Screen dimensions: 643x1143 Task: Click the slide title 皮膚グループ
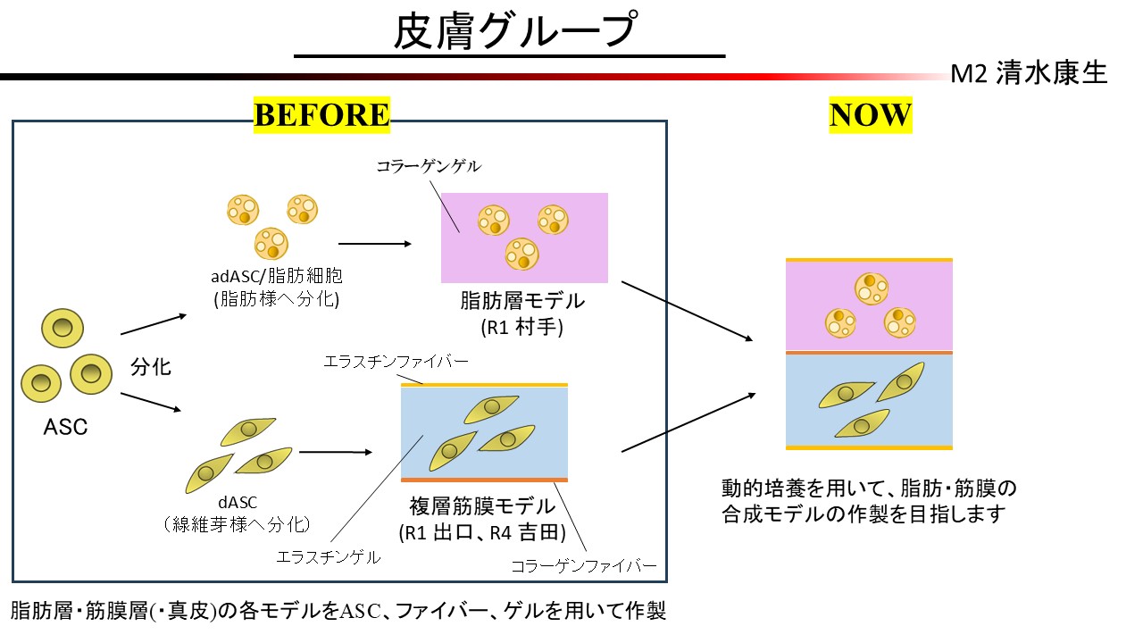pos(514,32)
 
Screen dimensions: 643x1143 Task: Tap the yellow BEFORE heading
pos(322,115)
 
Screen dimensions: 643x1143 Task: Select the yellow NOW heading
pos(870,115)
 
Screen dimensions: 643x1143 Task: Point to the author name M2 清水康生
pos(1029,74)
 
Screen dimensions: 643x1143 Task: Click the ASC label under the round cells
pos(66,427)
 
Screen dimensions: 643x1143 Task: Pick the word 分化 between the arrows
pos(150,367)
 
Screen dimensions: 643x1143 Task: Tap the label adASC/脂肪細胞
pos(269,278)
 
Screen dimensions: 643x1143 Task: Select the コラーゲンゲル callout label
pos(429,166)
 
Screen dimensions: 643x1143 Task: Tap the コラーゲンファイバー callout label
pos(584,566)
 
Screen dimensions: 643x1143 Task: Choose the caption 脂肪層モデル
pos(521,302)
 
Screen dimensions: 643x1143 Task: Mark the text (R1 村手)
pos(522,327)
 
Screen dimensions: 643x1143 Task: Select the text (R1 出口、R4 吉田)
pos(483,533)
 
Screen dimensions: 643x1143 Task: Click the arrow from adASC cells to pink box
pos(375,242)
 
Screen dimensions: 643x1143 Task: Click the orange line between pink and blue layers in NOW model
pos(869,353)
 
